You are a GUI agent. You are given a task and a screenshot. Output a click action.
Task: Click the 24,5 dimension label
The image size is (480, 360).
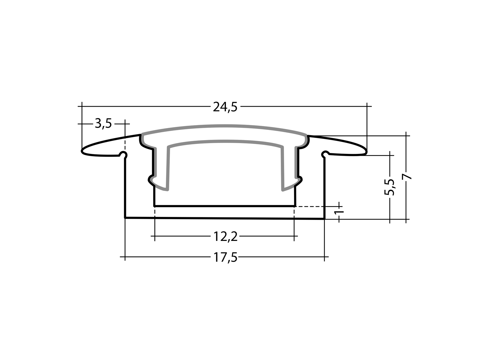point(225,107)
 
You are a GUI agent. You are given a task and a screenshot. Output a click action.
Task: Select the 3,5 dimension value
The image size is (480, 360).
point(103,123)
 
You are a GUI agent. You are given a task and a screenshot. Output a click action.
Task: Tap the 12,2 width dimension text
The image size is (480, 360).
point(225,237)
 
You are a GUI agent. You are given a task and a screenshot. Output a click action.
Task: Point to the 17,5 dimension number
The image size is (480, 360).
point(225,257)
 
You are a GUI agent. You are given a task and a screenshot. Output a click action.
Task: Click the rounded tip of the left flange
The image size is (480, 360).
point(82,151)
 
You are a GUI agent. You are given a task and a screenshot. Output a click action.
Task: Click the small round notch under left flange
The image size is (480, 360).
point(123,154)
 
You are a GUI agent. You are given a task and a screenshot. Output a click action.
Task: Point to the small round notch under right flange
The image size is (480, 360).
point(325,154)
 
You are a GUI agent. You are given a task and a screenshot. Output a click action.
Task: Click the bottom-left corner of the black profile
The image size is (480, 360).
point(125,217)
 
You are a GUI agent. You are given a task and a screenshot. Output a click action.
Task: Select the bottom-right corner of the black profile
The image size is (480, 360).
point(324,219)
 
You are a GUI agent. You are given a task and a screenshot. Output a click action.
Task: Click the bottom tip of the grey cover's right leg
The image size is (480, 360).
point(282,190)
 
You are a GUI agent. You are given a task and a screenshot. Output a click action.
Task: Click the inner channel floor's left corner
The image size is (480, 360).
point(154,206)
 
